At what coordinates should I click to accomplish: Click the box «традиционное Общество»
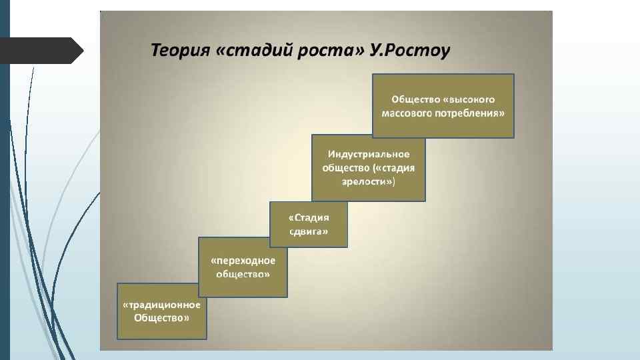tap(162, 311)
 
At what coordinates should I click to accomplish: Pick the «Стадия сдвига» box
tap(309, 225)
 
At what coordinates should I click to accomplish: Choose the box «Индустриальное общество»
tap(368, 168)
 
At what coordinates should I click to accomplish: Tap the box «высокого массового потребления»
tap(443, 105)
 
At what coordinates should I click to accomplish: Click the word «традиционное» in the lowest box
tap(162, 305)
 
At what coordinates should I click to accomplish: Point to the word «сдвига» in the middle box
tap(309, 231)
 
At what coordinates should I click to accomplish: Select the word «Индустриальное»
tap(368, 155)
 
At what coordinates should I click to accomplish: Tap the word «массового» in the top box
tap(407, 113)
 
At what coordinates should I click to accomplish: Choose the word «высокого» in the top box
tap(471, 99)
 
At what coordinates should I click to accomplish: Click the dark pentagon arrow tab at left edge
tap(40, 51)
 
